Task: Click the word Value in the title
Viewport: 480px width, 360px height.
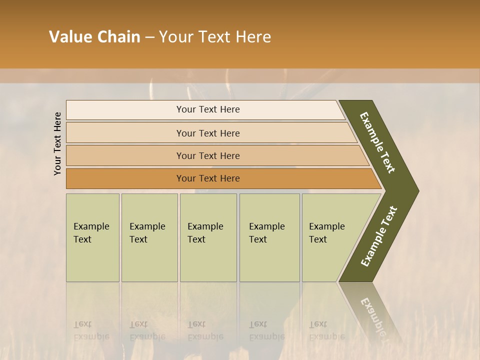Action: (69, 37)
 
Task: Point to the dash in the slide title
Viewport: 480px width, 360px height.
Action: (149, 37)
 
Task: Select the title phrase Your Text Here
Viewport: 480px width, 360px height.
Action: (215, 37)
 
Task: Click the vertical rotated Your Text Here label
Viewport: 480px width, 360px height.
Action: (57, 144)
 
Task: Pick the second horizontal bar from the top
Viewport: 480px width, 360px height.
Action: (208, 133)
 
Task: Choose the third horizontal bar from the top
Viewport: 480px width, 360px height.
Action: (208, 156)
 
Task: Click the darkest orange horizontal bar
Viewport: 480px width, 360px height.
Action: (208, 178)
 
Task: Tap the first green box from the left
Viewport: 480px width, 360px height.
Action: (92, 237)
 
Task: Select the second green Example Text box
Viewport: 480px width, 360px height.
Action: (149, 237)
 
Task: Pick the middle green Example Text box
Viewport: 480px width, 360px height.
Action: (208, 237)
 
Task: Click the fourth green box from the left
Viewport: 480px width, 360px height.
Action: (269, 237)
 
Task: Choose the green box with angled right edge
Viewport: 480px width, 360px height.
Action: (330, 237)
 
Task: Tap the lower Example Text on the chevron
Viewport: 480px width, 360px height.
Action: (379, 236)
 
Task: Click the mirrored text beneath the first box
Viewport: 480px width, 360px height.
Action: (91, 330)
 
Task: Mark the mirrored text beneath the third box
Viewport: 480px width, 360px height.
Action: (205, 330)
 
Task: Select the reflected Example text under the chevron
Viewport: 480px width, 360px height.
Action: (372, 315)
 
